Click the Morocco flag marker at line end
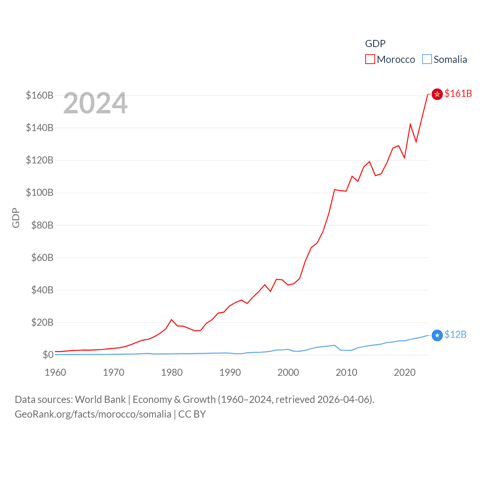tap(437, 94)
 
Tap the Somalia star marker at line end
tap(437, 335)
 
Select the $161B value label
tap(458, 93)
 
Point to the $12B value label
tap(455, 334)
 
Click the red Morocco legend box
tap(370, 59)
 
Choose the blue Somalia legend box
tap(427, 59)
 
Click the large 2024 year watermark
tap(95, 103)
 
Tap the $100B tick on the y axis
tap(40, 193)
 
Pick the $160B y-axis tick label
tap(40, 95)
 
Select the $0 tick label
tap(48, 355)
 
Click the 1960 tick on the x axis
tap(55, 372)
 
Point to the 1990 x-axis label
tap(230, 372)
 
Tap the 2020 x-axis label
tap(405, 372)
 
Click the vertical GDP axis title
tap(16, 218)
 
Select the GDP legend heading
tap(375, 44)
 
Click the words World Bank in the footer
tap(100, 400)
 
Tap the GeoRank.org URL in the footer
tap(93, 414)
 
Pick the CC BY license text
tap(192, 414)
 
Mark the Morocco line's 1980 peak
tap(172, 320)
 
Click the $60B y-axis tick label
tap(40, 258)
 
